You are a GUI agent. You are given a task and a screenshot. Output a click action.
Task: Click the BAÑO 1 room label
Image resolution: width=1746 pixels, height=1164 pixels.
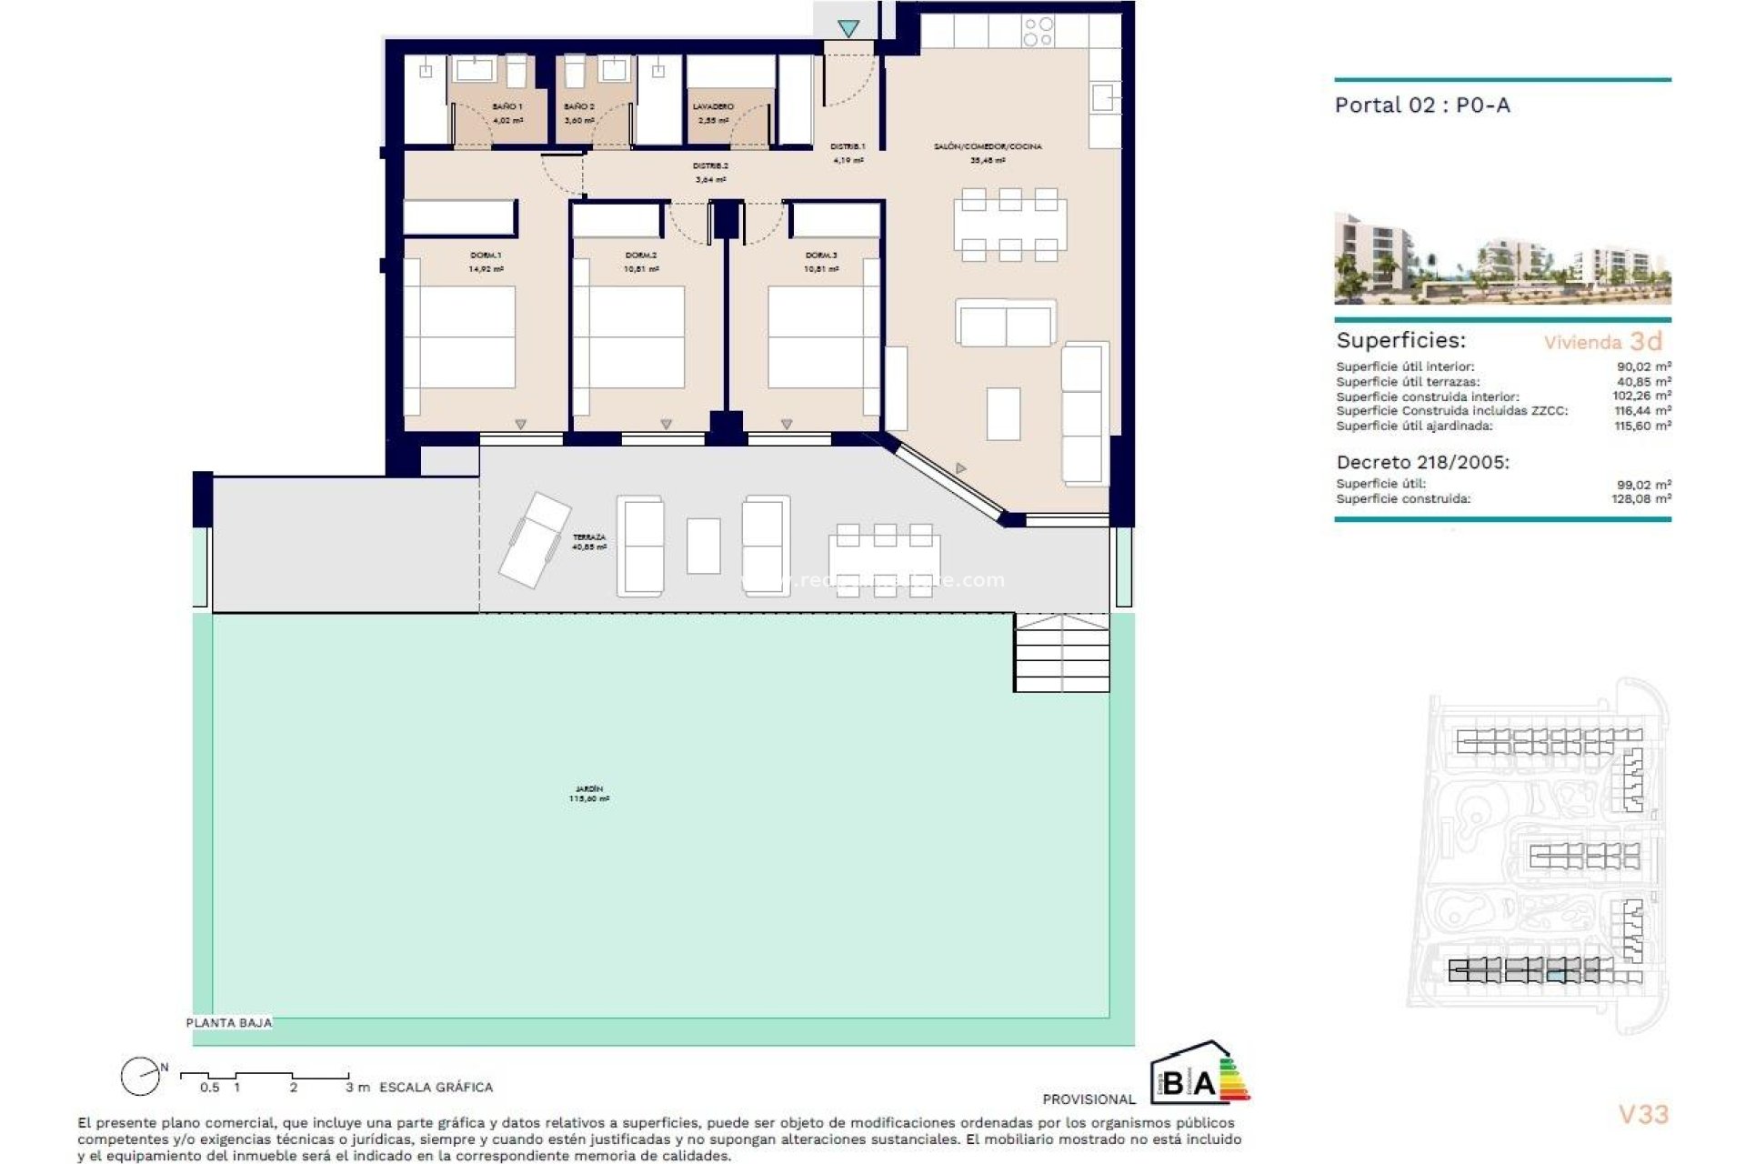[507, 107]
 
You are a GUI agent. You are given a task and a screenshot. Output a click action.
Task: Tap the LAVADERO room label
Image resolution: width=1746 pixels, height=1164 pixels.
[713, 107]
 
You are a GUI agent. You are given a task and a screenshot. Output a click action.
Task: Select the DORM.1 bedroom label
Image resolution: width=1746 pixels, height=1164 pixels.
[486, 256]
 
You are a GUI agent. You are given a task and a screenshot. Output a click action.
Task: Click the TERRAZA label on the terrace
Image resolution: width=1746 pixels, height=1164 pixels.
[589, 538]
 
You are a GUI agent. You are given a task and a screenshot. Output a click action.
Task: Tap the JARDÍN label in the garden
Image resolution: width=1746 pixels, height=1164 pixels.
[589, 789]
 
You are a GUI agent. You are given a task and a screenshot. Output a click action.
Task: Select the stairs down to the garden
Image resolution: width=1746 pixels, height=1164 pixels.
[1061, 652]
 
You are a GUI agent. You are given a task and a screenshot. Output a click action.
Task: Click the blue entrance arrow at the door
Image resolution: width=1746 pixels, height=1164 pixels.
[848, 29]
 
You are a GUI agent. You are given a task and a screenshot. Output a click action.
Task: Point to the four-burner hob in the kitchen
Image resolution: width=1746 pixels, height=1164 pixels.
[1038, 32]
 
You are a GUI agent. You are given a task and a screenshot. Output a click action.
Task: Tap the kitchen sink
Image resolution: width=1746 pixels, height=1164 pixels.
[1105, 97]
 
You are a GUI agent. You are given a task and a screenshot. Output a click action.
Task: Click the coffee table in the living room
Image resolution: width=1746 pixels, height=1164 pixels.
[1003, 414]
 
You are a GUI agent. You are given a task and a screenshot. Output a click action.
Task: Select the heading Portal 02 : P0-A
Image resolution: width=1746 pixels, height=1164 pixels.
[1422, 105]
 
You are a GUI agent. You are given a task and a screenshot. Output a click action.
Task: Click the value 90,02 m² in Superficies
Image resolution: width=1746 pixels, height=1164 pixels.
[1643, 367]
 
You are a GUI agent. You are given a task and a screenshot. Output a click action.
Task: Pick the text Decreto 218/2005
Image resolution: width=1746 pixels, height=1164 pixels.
[1422, 462]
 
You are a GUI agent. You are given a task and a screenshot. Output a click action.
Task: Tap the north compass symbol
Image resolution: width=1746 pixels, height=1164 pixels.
[141, 1078]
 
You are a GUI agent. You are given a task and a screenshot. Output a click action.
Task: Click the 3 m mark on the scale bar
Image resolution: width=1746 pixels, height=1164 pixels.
[356, 1087]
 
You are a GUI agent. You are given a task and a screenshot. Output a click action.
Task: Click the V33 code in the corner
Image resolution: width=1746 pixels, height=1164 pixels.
[1643, 1114]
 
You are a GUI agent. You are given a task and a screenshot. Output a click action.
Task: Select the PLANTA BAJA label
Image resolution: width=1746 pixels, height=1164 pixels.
[228, 1023]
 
